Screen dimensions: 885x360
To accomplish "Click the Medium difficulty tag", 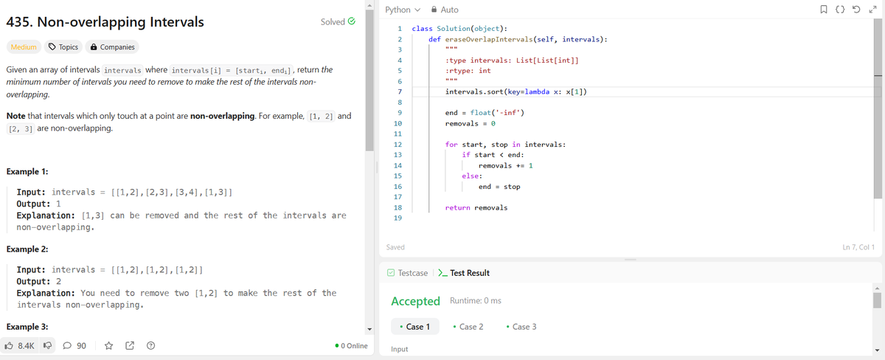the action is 24,47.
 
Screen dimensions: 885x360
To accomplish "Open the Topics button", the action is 63,47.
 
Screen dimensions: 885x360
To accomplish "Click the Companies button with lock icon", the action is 112,47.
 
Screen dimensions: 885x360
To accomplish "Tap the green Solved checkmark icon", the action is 351,21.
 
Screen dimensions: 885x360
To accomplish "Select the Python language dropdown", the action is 403,10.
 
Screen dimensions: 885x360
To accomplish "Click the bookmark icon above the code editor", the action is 824,10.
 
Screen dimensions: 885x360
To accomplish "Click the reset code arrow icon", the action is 856,10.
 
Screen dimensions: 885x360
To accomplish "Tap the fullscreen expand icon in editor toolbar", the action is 872,10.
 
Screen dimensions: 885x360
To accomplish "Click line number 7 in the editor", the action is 400,91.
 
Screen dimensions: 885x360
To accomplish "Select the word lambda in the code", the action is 537,91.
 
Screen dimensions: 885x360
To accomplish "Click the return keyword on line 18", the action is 457,207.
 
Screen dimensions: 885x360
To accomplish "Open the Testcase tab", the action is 407,273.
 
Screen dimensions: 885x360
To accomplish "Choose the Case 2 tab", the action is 468,327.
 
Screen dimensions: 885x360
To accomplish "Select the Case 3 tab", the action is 521,327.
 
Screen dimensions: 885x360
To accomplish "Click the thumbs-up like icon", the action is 9,346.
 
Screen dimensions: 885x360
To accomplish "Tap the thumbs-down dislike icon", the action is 47,346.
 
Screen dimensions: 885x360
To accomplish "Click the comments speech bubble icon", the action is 67,346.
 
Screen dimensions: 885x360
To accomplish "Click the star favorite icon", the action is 108,346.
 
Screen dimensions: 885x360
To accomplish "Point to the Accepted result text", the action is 416,301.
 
